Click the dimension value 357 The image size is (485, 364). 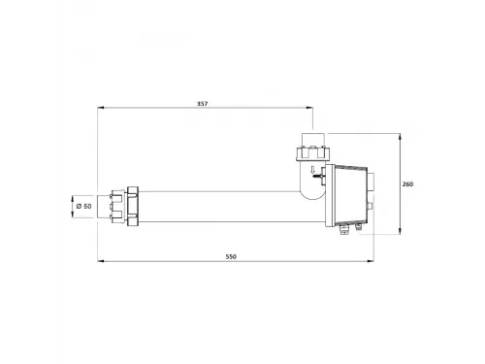(203, 104)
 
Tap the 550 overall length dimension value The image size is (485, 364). (231, 257)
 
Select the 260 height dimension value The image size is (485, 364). (407, 184)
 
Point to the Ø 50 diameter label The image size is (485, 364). (84, 206)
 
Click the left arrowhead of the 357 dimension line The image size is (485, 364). (100, 108)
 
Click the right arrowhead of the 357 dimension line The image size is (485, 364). (310, 108)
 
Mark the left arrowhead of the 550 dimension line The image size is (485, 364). (100, 261)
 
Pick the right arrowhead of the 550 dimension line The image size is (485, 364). (371, 261)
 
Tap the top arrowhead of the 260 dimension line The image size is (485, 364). (401, 136)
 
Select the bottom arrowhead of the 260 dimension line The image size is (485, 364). (401, 231)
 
